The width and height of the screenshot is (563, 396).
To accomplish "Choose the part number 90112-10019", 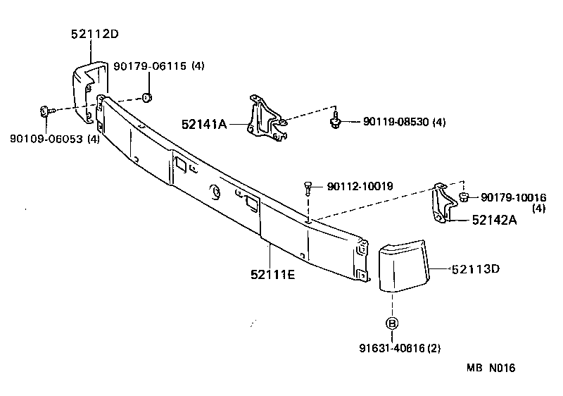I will tap(360, 187).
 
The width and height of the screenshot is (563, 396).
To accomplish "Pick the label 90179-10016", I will tap(513, 197).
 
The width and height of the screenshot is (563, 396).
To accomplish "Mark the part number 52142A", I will tap(494, 220).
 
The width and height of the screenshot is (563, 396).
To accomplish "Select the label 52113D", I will tap(475, 268).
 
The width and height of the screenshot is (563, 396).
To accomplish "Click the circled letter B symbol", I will tap(392, 323).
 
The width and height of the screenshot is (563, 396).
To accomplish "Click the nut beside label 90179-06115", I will tap(147, 96).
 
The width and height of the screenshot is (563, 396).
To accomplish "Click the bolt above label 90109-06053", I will tap(44, 111).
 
